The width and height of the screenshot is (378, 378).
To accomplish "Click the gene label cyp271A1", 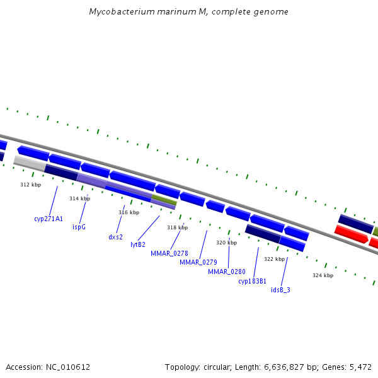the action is pyautogui.click(x=49, y=219).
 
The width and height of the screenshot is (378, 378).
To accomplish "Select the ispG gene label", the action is pyautogui.click(x=79, y=227).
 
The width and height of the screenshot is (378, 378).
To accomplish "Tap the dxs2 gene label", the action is pyautogui.click(x=115, y=237).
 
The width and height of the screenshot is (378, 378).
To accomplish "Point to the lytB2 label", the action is pyautogui.click(x=138, y=244).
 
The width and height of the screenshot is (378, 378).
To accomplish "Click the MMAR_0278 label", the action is pyautogui.click(x=169, y=253).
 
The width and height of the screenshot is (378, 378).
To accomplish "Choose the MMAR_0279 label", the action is pyautogui.click(x=198, y=262).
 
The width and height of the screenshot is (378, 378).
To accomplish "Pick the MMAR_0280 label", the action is pyautogui.click(x=226, y=272).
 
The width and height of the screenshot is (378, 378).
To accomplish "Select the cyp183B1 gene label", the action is pyautogui.click(x=252, y=281).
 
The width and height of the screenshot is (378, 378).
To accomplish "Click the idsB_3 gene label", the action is pyautogui.click(x=280, y=290).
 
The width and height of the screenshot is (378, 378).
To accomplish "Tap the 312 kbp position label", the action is pyautogui.click(x=30, y=185).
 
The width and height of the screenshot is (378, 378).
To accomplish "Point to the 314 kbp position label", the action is pyautogui.click(x=79, y=198).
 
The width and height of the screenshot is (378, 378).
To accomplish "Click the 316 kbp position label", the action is pyautogui.click(x=129, y=212).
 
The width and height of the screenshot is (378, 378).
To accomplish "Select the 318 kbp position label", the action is pyautogui.click(x=177, y=227).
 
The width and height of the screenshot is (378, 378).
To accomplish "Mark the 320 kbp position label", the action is pyautogui.click(x=226, y=243).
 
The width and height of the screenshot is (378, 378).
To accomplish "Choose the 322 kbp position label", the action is pyautogui.click(x=274, y=259).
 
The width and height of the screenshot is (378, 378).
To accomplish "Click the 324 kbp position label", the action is pyautogui.click(x=323, y=275).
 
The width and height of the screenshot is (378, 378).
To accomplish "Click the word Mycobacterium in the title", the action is pyautogui.click(x=119, y=12).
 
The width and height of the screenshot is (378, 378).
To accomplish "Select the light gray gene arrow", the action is pyautogui.click(x=29, y=163).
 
